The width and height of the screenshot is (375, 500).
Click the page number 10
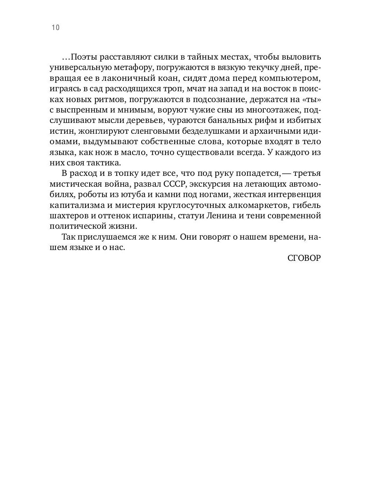[55, 28]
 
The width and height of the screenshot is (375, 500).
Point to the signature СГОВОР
[304, 258]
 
